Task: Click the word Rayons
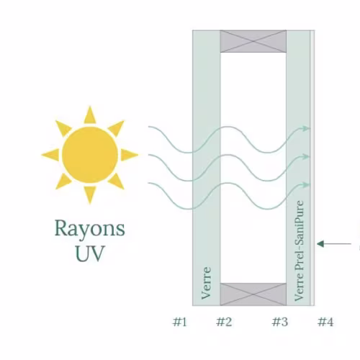point(89,229)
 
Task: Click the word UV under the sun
point(90,253)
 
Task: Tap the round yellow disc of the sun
point(90,155)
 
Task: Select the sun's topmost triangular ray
point(90,115)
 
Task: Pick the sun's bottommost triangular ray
point(90,194)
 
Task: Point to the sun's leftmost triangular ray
point(51,155)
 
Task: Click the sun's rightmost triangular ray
point(129,155)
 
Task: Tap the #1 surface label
point(179,322)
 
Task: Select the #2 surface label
point(224,322)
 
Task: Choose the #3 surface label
point(280,322)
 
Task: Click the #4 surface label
point(325,322)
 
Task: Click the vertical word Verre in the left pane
point(207,283)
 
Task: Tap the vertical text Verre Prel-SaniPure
point(299,251)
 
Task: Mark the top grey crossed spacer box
point(253,41)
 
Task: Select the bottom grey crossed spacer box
point(253,294)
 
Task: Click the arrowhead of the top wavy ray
point(306,128)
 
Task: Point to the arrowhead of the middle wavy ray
point(306,157)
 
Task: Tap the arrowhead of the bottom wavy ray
point(306,184)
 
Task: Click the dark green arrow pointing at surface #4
point(334,244)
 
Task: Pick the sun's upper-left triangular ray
point(63,128)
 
